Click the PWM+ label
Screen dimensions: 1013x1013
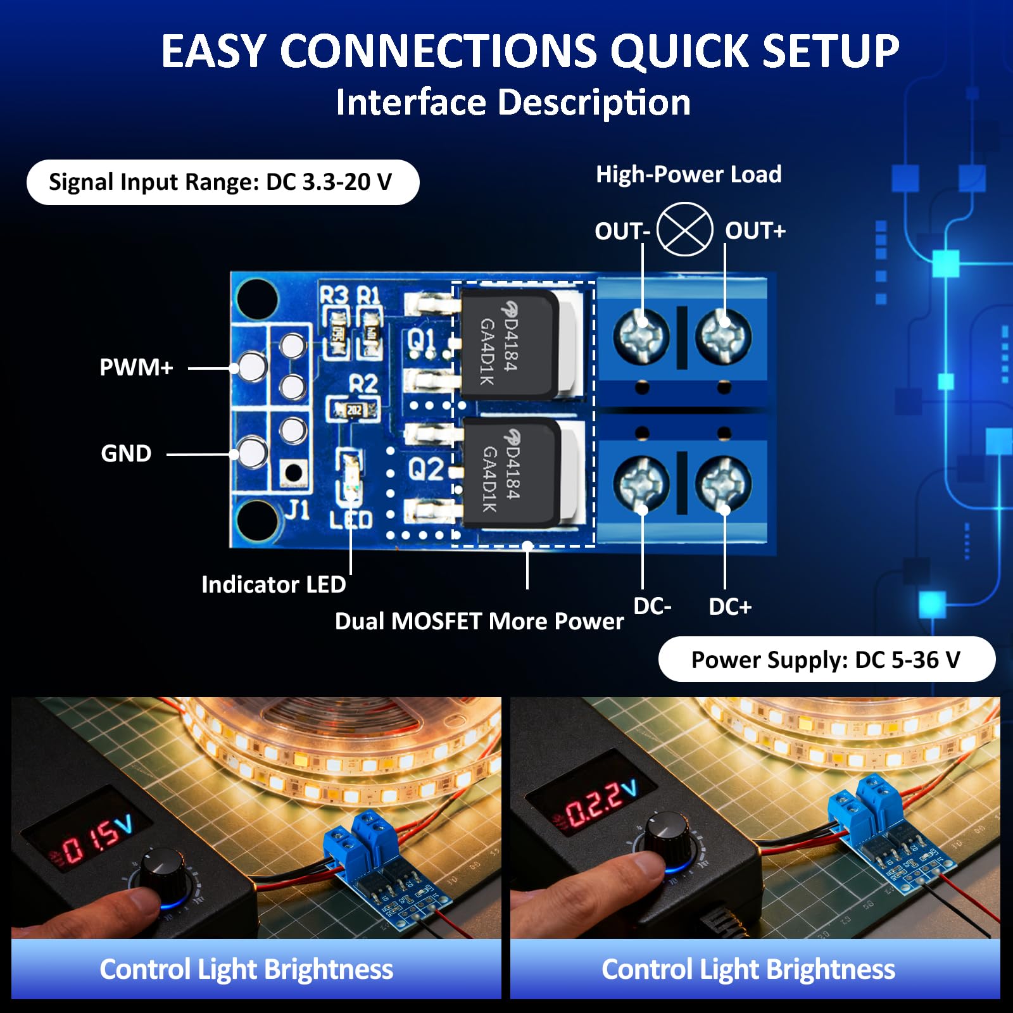136,367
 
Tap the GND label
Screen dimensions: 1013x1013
126,453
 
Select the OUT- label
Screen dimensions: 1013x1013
622,231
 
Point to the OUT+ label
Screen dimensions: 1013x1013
755,230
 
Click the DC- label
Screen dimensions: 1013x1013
652,607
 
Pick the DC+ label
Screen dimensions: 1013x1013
730,607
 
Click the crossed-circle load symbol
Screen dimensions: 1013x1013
684,229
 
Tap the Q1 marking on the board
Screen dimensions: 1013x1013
421,340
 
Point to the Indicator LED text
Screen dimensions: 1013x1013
274,584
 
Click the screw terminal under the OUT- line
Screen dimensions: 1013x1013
641,336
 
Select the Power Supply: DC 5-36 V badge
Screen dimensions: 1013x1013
826,660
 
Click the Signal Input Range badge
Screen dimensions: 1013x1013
222,182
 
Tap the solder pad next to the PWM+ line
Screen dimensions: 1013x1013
251,367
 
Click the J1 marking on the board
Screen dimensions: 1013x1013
296,510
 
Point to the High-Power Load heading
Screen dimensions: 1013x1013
689,174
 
